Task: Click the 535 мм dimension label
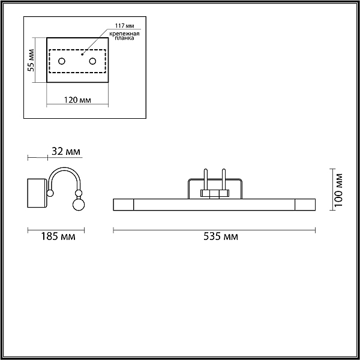221,236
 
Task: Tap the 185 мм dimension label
58,236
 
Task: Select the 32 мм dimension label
66,151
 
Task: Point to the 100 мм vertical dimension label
338,190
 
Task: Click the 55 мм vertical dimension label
31,61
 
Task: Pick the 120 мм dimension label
77,100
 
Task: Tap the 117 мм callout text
125,25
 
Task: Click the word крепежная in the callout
124,34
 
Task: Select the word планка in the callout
124,38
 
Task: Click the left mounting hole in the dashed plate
62,61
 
